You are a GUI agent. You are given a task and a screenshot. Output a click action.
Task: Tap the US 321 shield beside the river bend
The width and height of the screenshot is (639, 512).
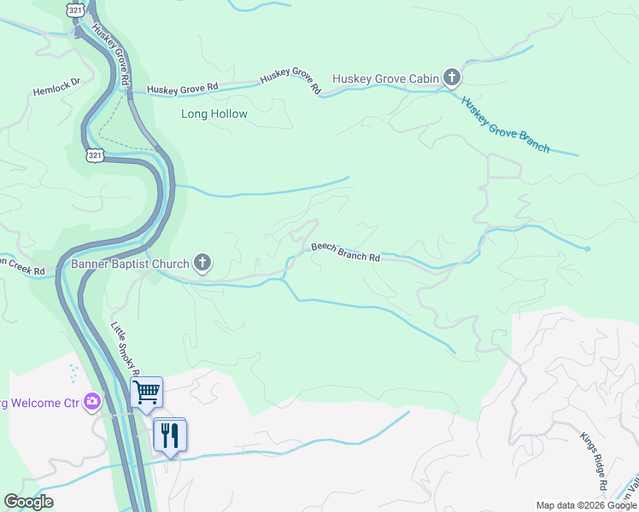point(94,154)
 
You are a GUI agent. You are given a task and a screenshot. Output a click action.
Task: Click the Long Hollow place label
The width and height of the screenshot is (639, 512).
point(214,113)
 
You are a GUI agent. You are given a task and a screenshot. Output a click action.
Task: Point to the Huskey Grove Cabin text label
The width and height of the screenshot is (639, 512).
point(385,79)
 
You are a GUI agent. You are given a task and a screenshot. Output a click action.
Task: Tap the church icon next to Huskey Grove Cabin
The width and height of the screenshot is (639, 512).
point(452,79)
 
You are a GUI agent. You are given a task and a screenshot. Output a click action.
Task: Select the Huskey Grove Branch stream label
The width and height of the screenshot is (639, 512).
point(505,124)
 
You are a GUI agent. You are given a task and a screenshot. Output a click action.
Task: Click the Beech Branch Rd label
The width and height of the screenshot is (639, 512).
point(345,252)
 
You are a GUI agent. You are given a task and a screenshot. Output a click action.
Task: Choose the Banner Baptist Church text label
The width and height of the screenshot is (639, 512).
point(130,264)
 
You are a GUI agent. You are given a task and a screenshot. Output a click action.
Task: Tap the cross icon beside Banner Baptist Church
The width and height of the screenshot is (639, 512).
point(202,263)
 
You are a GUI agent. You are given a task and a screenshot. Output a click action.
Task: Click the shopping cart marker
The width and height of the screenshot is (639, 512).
point(146,393)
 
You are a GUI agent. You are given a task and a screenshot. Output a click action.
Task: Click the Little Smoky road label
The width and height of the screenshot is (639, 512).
point(123,346)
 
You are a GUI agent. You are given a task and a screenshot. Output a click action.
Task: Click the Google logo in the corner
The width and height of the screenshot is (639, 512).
point(28,502)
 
